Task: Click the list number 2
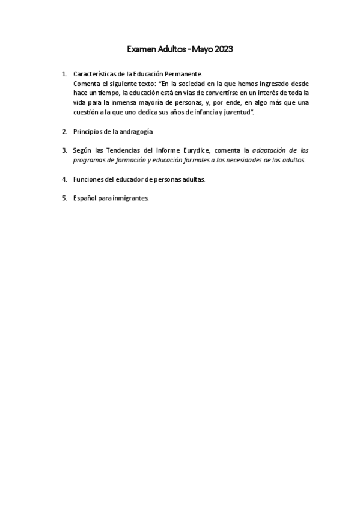click(x=64, y=131)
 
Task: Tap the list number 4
click(x=64, y=179)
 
